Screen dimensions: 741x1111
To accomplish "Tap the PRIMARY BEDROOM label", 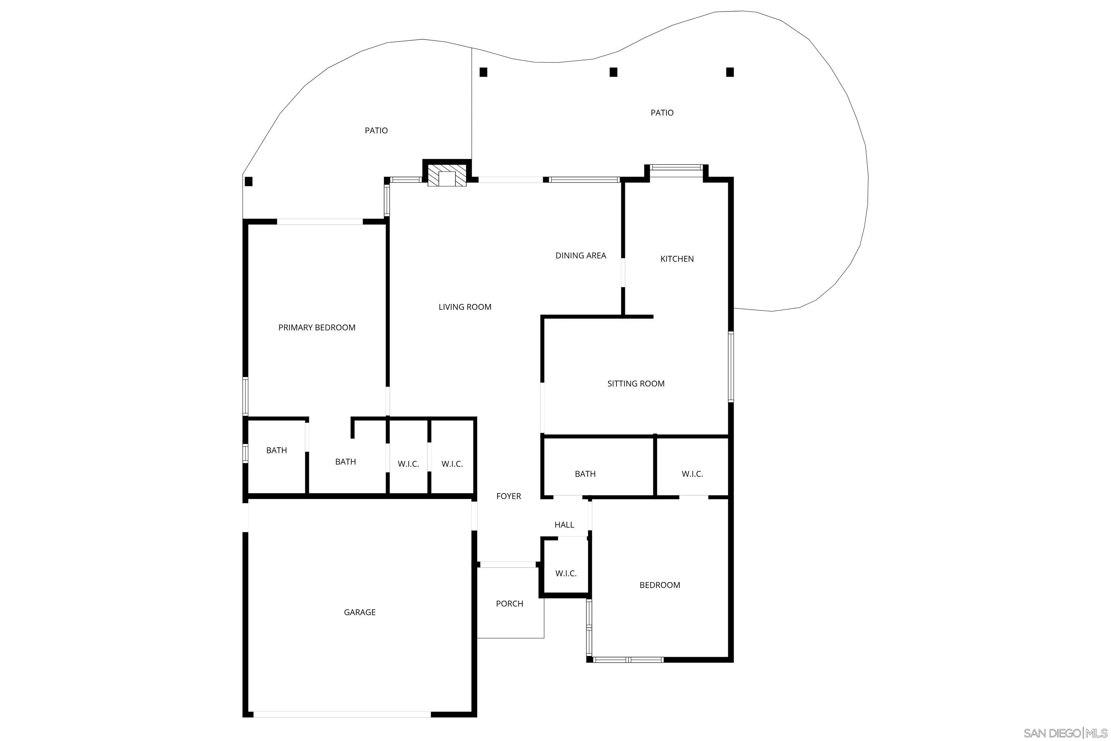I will coord(317,327).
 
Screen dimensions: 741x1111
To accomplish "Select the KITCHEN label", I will coord(677,259).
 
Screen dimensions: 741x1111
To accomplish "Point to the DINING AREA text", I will coord(580,256).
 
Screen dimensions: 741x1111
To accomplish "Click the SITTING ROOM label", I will coord(636,384).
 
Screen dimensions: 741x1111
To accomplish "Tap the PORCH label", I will coord(509,604).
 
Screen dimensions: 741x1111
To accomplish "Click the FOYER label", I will coord(509,496).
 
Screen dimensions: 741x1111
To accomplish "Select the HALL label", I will coord(564,525).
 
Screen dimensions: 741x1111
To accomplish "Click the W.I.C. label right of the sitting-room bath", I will coord(692,474).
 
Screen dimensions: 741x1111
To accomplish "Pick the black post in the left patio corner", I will coord(249,182).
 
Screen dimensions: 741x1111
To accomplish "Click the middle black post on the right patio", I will coord(614,72).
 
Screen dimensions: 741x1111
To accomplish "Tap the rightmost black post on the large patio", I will coord(730,72).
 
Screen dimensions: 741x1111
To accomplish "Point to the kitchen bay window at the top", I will coord(676,167).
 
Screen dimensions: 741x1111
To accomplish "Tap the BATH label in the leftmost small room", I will coord(276,450).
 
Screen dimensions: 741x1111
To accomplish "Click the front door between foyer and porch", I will coord(508,565).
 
